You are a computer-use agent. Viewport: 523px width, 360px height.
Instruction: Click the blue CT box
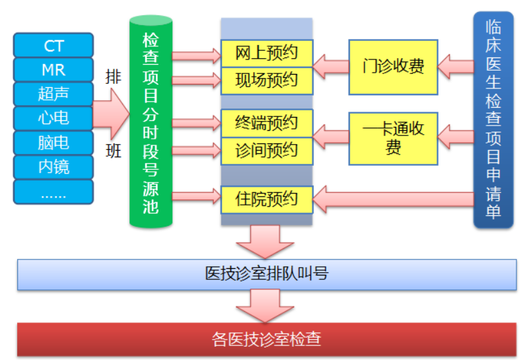click(x=53, y=46)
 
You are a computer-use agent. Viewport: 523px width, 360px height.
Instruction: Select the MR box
click(x=53, y=70)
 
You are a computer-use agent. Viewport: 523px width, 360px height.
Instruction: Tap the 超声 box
click(x=53, y=94)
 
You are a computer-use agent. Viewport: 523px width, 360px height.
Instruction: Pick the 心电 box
click(x=53, y=118)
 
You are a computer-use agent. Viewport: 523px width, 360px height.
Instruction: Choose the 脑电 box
click(x=53, y=143)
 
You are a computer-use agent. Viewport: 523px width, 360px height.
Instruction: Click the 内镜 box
click(x=53, y=167)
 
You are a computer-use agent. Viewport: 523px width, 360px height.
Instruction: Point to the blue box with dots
click(x=53, y=192)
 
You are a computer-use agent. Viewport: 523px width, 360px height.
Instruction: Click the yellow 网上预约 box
click(x=267, y=54)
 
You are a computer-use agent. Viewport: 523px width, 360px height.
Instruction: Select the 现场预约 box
click(x=267, y=81)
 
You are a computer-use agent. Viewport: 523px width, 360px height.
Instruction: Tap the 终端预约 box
click(x=267, y=123)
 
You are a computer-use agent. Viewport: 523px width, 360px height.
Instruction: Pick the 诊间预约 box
click(x=267, y=151)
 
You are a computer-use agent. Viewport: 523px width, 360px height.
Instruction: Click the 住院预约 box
click(x=267, y=199)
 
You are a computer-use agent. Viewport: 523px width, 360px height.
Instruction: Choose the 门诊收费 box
click(x=394, y=67)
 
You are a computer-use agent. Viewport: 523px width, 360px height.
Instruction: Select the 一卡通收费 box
click(x=394, y=139)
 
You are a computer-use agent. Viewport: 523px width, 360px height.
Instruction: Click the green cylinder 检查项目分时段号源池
click(x=151, y=122)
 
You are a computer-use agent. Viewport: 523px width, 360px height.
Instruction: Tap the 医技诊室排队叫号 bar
click(x=267, y=274)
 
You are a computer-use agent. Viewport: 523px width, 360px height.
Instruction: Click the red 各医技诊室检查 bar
click(x=267, y=340)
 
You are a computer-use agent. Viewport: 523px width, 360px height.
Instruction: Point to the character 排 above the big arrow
click(x=114, y=77)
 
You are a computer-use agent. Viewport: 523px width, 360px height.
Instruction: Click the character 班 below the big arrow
click(x=114, y=151)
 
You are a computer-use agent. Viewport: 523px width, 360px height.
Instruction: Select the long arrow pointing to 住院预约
click(x=394, y=199)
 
